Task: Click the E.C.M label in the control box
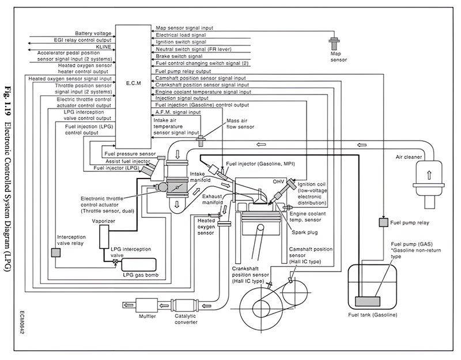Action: (134, 83)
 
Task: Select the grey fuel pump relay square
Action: (383, 222)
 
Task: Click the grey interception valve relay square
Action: (55, 253)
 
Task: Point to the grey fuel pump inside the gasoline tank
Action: (368, 301)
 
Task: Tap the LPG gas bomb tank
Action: (139, 265)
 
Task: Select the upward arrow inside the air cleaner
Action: (429, 175)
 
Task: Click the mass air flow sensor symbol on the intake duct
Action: (201, 141)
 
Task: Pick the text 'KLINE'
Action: (103, 47)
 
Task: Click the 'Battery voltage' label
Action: (93, 33)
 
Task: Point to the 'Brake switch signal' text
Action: (179, 56)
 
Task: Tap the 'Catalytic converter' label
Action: (186, 319)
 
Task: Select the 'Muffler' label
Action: (148, 316)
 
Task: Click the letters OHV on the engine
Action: (278, 182)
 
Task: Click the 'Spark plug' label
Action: (305, 232)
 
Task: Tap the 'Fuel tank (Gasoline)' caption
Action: (372, 314)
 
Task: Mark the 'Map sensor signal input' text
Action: (184, 28)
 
